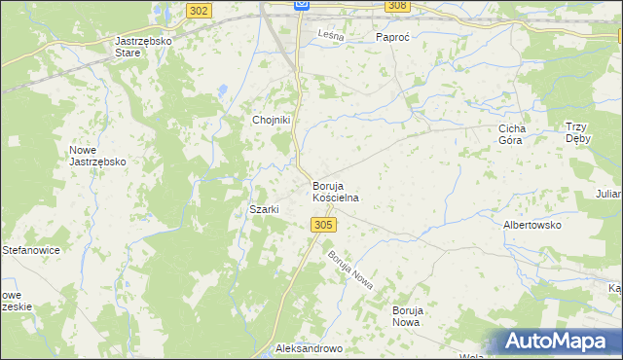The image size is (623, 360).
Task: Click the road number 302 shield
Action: click(200, 10)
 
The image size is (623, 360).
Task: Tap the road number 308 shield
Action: click(396, 6)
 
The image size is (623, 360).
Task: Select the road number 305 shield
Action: click(325, 225)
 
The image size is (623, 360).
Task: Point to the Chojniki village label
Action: click(273, 120)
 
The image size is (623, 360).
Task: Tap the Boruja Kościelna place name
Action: click(336, 192)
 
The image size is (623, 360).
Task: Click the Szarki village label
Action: click(265, 210)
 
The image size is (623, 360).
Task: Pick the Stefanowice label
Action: click(31, 250)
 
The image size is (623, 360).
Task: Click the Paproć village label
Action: click(396, 37)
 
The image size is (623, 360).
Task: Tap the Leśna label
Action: click(330, 36)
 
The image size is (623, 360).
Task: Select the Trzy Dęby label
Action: click(584, 132)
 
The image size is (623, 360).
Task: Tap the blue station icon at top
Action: click(302, 5)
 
